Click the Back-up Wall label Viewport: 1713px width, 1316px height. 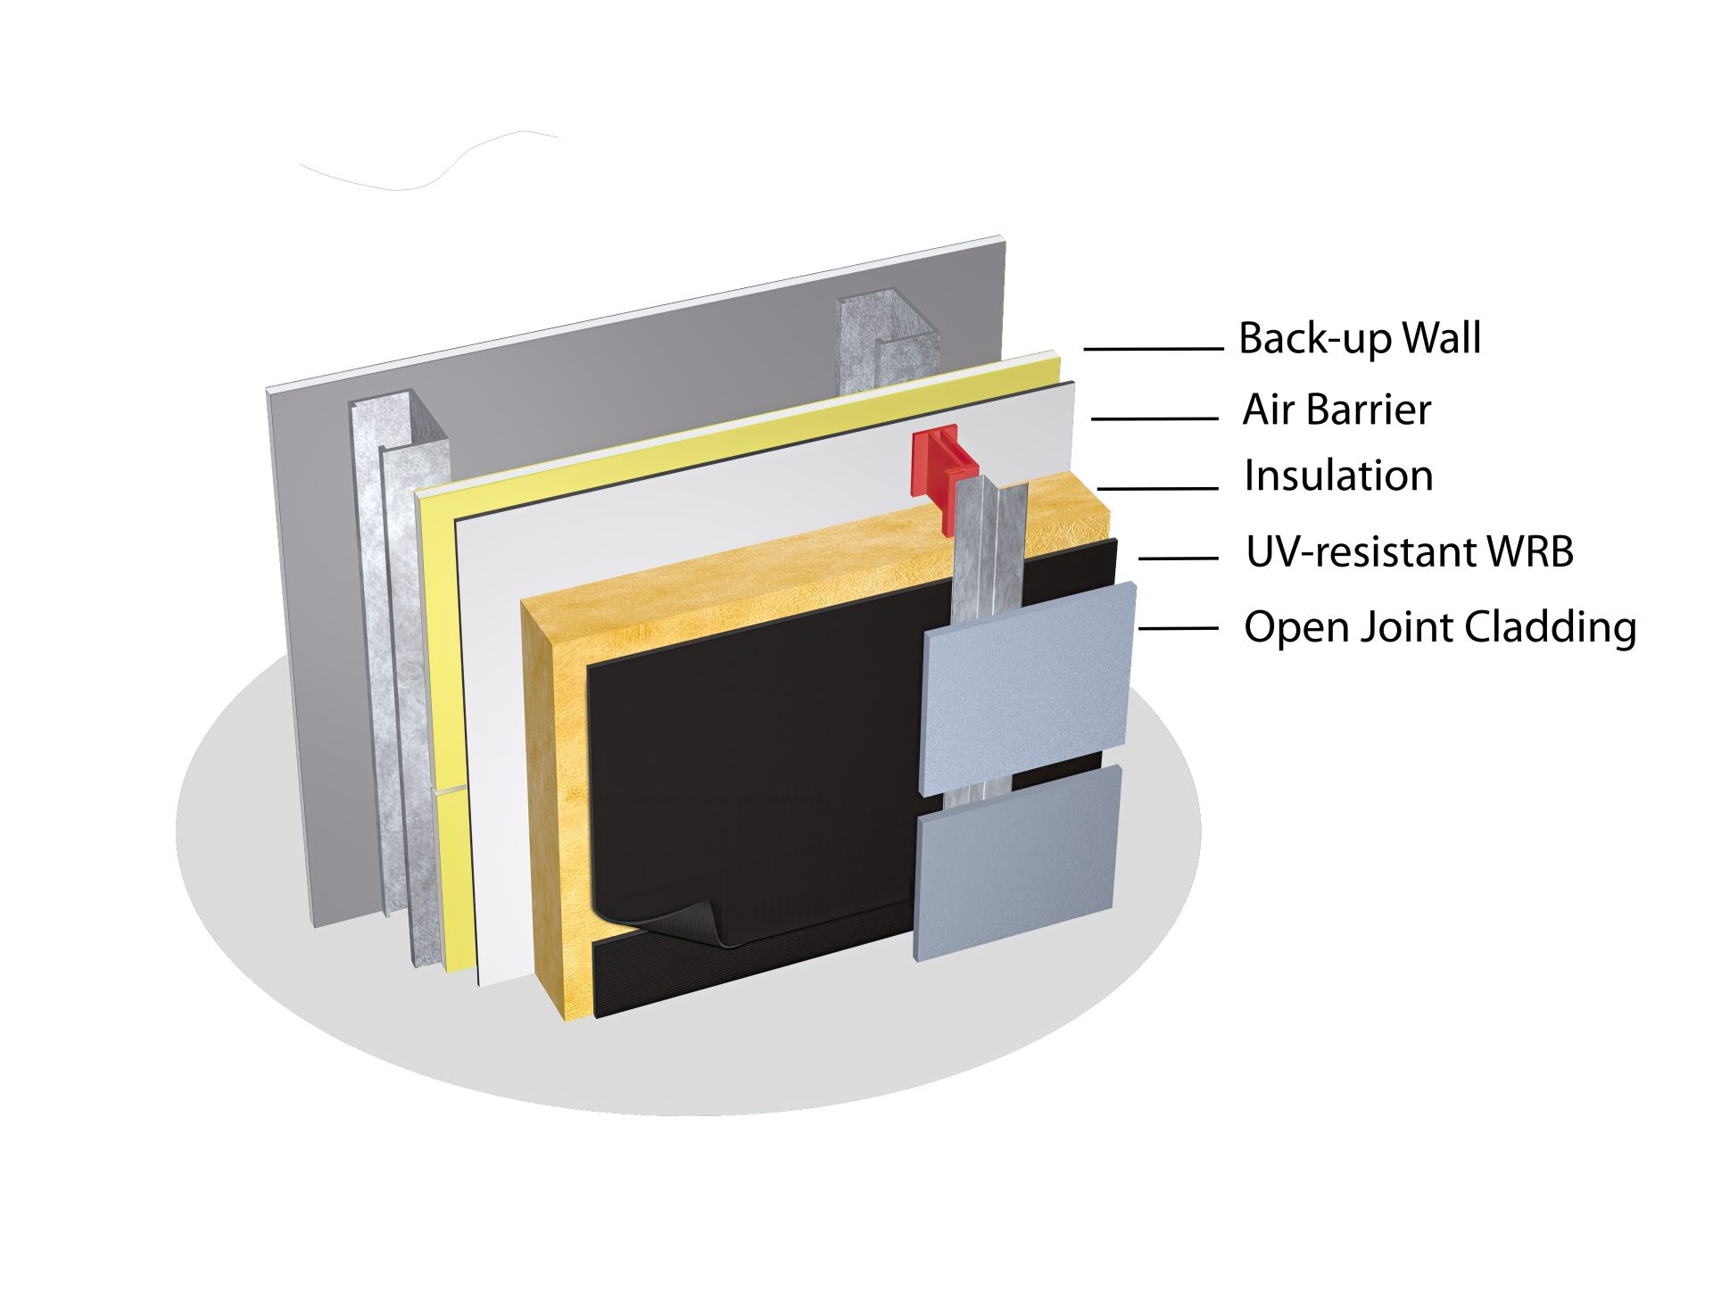pos(1359,339)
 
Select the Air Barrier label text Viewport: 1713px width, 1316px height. pos(1336,410)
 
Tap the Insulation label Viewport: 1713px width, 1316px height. pos(1338,476)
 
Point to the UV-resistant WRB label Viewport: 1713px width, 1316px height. pos(1409,552)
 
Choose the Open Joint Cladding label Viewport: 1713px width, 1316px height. pos(1439,627)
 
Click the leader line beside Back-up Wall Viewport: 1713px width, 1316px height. pos(1153,349)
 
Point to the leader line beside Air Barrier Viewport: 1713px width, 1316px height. pos(1154,418)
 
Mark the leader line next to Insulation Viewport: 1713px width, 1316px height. pos(1157,488)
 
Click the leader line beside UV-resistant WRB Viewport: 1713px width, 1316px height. pos(1178,559)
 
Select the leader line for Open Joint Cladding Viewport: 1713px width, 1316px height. pos(1178,628)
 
